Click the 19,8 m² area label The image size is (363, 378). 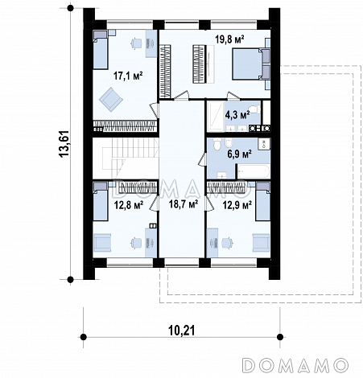coord(229,39)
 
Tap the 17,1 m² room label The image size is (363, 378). coord(128,76)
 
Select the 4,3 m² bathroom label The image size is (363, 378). coord(237,115)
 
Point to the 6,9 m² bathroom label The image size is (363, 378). coord(239,154)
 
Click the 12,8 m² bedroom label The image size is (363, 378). coord(129,205)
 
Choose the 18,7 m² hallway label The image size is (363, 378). coord(184,204)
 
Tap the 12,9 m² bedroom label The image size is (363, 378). coord(237,205)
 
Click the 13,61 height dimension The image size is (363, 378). coord(64,144)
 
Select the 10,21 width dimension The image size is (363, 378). coord(182,331)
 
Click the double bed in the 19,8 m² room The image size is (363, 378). coord(247,64)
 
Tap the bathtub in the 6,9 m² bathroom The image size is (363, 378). coord(254,171)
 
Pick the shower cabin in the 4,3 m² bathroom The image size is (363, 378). coord(215,117)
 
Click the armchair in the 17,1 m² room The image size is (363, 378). coord(111,100)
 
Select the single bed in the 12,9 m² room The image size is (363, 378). coord(262,202)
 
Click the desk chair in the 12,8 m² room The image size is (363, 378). coord(136,243)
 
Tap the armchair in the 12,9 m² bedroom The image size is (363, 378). coord(261,243)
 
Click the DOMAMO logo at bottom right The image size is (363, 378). coord(295,365)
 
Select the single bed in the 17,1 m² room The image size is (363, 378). coord(101,50)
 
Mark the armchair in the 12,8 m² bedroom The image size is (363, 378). coord(102,243)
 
